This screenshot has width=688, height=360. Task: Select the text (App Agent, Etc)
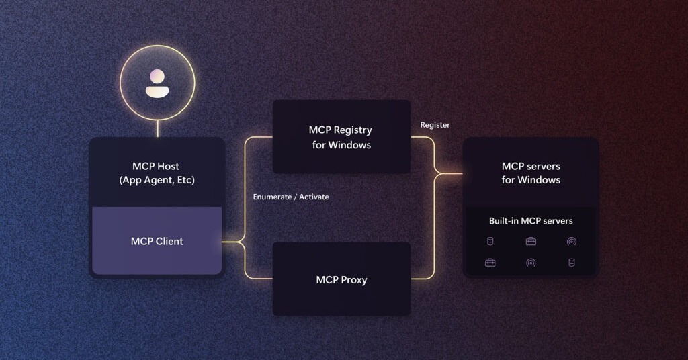(x=157, y=179)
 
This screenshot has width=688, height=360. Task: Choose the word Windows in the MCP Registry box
(x=350, y=144)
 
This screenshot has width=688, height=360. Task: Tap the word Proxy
(x=353, y=279)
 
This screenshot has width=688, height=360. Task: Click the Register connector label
(x=435, y=125)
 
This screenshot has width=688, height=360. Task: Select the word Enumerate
(x=272, y=197)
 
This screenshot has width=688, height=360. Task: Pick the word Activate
(x=314, y=197)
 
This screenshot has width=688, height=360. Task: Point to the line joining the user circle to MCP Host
(x=157, y=129)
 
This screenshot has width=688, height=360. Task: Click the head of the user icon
(x=157, y=76)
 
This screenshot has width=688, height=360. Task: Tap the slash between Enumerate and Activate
(x=295, y=197)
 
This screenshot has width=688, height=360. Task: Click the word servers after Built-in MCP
(x=557, y=220)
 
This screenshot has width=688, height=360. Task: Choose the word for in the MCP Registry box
(x=318, y=144)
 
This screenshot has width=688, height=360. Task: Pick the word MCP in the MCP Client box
(x=142, y=241)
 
